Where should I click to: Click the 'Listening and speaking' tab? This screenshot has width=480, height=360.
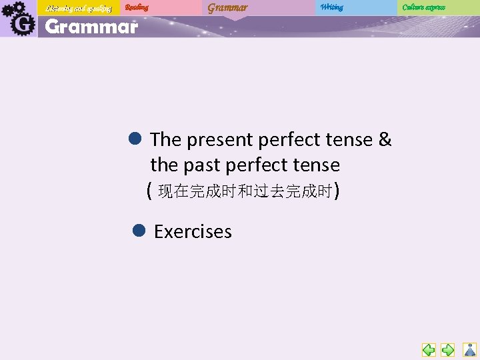[78, 8]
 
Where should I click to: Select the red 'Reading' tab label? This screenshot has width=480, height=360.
[137, 7]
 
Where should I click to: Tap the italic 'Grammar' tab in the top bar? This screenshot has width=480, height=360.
[227, 8]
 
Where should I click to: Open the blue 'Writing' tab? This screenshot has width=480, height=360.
[331, 7]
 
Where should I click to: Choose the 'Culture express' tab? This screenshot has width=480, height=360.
[423, 7]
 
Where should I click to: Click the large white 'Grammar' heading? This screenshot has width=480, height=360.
[91, 27]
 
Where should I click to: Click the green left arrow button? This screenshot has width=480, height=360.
[429, 349]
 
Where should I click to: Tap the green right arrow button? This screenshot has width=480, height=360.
[448, 349]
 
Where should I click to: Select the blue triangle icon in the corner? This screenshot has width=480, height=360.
[470, 349]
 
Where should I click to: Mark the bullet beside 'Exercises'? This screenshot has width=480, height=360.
[139, 231]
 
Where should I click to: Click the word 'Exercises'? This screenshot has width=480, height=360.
[193, 231]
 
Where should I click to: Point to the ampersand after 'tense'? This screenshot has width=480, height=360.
[385, 139]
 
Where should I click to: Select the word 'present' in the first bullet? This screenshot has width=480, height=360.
[219, 140]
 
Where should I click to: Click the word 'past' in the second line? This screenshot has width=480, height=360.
[201, 165]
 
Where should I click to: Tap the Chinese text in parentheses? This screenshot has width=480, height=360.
[244, 192]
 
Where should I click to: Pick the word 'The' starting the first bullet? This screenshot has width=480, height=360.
[165, 139]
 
